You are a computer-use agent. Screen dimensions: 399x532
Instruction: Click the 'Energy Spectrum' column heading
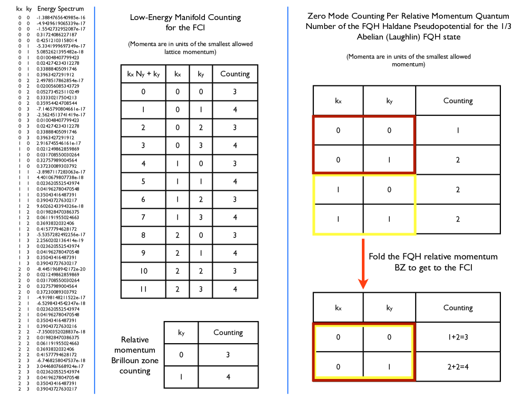click(60, 9)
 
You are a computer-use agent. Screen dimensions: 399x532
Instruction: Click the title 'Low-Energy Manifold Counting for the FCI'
click(185, 22)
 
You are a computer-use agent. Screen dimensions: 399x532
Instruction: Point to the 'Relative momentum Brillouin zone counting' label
click(134, 355)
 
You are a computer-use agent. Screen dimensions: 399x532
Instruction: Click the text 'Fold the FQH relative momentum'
click(433, 256)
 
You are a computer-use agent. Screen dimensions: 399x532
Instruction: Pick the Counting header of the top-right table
click(458, 101)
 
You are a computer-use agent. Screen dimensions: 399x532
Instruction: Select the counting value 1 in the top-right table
click(458, 129)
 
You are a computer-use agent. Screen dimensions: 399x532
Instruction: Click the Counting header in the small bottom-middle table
click(228, 332)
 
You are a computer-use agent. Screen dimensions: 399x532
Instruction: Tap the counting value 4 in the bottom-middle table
click(228, 377)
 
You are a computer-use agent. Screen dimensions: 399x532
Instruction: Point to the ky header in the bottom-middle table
click(181, 332)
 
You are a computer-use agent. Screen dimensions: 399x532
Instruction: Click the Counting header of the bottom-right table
click(458, 307)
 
